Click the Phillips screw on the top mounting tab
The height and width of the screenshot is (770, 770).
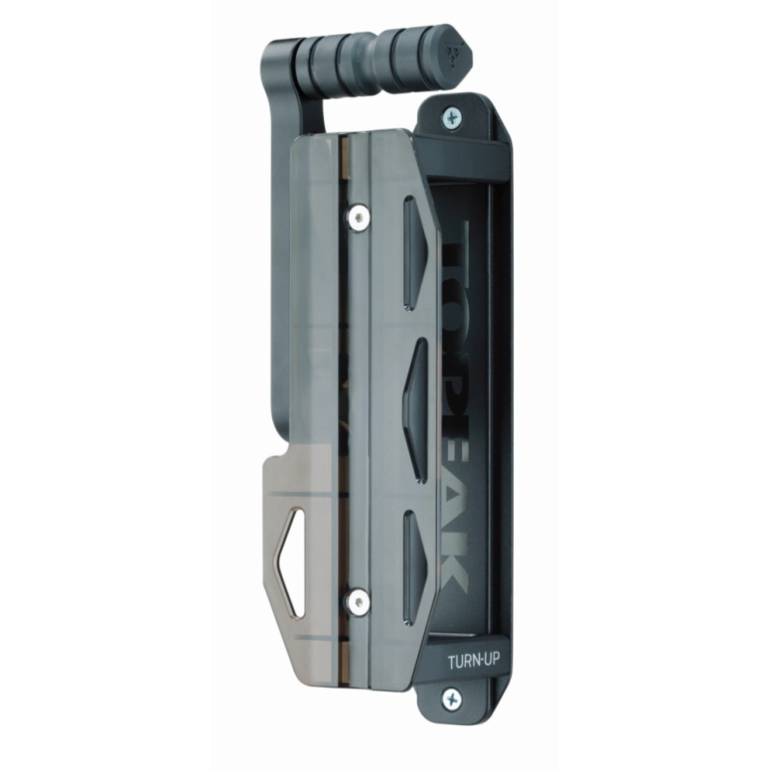(x=453, y=118)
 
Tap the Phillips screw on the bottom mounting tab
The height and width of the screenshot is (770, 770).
(x=453, y=698)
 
